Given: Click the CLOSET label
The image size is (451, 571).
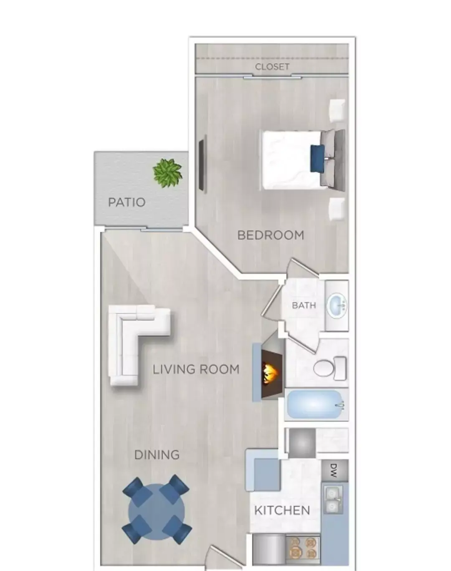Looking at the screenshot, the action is (x=272, y=67).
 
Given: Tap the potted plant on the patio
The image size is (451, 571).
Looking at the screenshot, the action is (x=168, y=173).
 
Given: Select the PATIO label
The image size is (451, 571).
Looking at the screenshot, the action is (x=127, y=202).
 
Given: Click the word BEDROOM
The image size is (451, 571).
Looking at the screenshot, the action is (x=271, y=235).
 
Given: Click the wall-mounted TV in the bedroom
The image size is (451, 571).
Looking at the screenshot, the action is (x=203, y=163).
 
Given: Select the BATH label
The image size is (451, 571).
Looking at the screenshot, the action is (x=304, y=306).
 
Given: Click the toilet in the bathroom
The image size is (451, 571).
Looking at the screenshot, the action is (x=329, y=368).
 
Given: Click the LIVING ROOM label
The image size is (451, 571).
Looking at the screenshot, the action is (x=196, y=369).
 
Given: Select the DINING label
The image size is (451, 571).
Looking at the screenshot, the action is (x=157, y=455).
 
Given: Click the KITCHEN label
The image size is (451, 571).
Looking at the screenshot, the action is (x=282, y=510).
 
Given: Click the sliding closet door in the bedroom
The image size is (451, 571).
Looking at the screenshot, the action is (x=273, y=78).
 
